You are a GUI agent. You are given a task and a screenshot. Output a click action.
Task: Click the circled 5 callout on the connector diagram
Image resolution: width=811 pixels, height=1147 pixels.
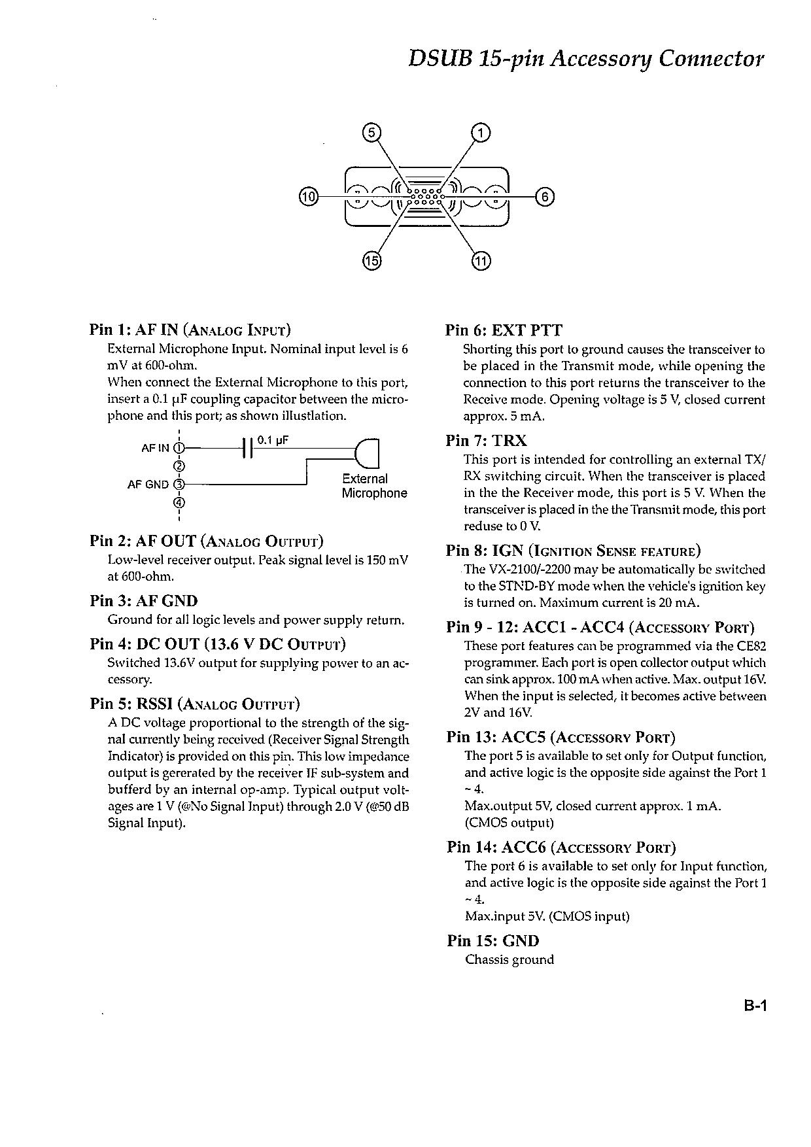371,133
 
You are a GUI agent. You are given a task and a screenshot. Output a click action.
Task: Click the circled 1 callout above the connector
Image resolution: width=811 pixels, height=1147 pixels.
481,133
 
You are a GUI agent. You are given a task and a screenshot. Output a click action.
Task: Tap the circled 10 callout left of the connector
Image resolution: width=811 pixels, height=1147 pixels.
308,196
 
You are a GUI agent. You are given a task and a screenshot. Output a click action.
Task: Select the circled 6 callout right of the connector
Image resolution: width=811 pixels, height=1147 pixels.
544,196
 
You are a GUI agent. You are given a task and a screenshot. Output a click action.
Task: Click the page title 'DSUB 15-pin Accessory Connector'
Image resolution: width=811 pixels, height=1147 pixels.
585,59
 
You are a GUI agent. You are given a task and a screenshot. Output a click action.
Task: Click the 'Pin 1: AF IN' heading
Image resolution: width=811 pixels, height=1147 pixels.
190,330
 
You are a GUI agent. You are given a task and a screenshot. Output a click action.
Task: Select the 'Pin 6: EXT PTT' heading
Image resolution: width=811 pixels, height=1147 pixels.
504,330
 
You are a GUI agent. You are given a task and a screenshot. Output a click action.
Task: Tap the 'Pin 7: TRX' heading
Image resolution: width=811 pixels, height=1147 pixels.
487,441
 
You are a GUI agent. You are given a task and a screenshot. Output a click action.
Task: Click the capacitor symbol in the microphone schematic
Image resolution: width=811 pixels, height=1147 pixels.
247,448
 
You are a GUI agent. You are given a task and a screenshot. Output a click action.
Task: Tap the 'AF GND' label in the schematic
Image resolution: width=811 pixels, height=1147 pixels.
148,485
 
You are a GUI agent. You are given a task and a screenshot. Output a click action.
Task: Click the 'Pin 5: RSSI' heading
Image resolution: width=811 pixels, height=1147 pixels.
195,704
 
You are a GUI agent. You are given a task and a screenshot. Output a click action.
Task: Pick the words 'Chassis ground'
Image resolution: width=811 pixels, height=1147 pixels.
509,960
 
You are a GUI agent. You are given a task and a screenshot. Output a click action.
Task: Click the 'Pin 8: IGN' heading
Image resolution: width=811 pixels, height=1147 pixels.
574,551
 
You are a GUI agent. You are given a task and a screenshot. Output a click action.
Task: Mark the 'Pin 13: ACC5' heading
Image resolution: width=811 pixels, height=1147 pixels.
561,738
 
